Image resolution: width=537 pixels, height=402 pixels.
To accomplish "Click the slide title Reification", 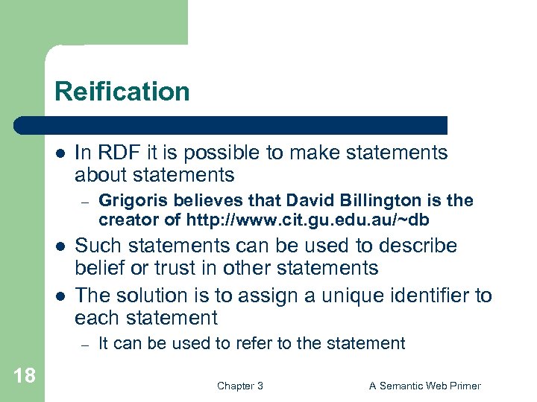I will (x=122, y=92).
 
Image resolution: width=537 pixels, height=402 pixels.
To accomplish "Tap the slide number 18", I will (x=24, y=375).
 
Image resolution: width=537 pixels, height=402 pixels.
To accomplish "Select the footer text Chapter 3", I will (x=239, y=386).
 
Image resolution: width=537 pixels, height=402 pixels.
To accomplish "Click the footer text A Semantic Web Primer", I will (x=425, y=386).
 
